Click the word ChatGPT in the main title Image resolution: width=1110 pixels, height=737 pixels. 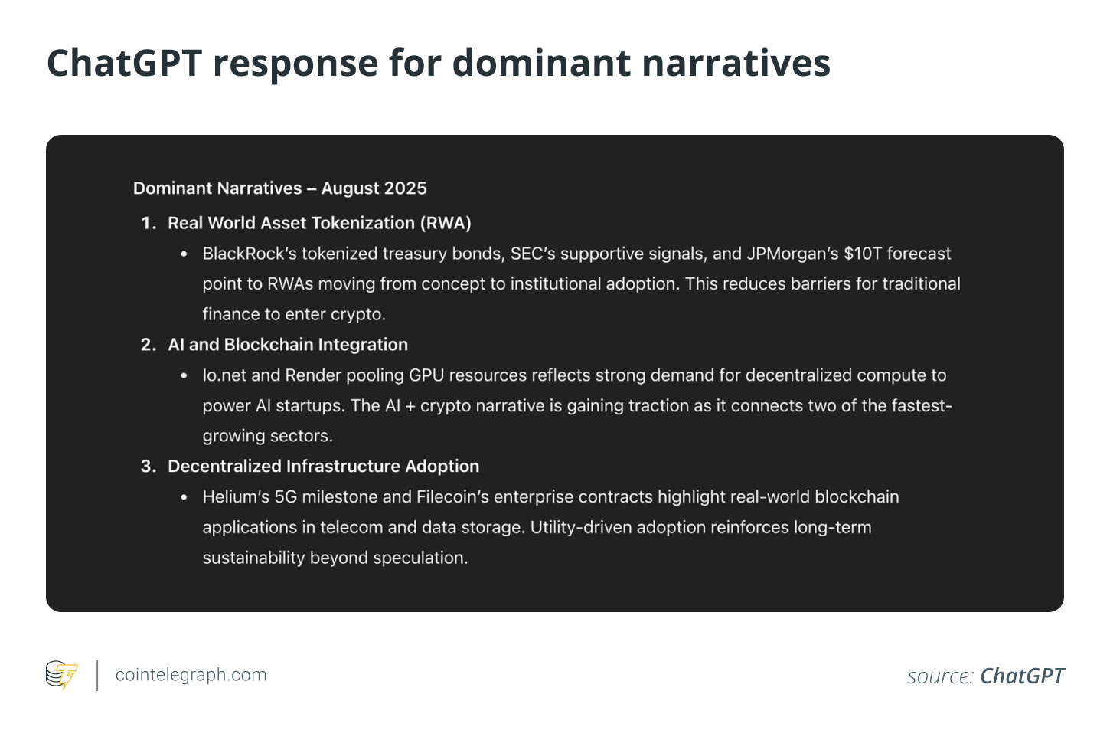coord(124,63)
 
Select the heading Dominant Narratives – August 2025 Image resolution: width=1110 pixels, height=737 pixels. coord(280,188)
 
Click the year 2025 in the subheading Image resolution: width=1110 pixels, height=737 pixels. coord(406,188)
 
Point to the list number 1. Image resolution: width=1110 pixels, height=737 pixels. coord(149,223)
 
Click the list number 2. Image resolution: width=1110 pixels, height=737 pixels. coord(149,345)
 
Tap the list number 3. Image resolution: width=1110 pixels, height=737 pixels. coord(149,467)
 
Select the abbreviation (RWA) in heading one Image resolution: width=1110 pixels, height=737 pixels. coord(446,223)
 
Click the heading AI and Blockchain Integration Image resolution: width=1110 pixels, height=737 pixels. coord(288,345)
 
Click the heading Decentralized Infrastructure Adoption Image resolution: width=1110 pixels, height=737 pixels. coord(324,467)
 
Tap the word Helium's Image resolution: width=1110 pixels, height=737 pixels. coord(236,497)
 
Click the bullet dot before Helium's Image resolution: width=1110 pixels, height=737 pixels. coord(184,497)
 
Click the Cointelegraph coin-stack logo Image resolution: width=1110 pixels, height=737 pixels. coord(62,675)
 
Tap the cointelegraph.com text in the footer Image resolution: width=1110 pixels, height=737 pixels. coord(191,675)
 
